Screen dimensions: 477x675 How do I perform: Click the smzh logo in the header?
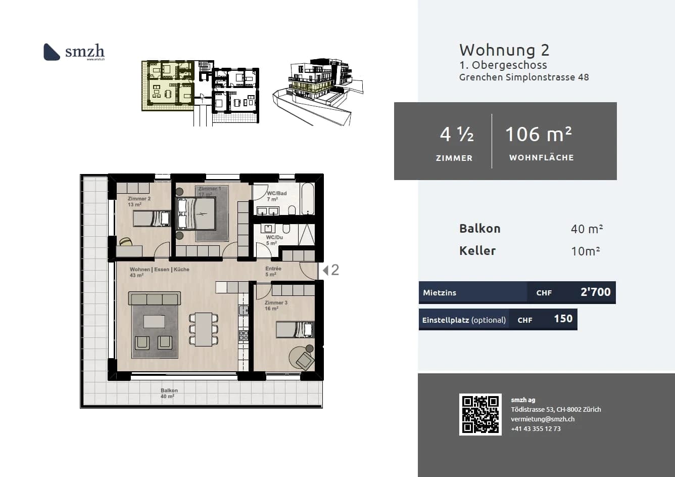[74, 52]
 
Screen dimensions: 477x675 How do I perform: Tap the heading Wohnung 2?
[504, 50]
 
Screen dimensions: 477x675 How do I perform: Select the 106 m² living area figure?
[539, 134]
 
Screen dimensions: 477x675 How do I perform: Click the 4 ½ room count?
[456, 134]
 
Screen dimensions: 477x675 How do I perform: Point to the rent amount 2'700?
[595, 292]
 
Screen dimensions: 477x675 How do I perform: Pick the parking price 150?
[563, 319]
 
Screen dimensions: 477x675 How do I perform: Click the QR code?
[480, 414]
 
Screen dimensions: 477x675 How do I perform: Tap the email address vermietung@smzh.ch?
[542, 419]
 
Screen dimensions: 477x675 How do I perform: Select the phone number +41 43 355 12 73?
[535, 428]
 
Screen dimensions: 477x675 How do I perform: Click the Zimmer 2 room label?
[139, 199]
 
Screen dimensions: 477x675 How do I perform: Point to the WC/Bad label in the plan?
[276, 193]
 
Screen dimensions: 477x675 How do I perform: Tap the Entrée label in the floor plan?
[273, 269]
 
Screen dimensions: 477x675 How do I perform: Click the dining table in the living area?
[204, 329]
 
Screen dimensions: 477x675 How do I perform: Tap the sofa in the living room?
[155, 298]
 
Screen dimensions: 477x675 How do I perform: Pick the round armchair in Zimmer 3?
[303, 358]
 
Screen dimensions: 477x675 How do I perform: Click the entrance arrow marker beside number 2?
[325, 270]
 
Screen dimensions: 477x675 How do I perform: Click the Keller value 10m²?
[585, 251]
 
